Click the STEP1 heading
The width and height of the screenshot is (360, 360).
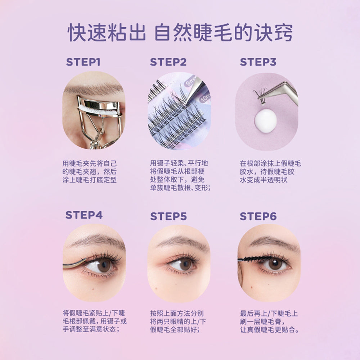(83, 62)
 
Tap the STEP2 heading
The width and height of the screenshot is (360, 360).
(168, 62)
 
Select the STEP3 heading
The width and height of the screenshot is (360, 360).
(258, 62)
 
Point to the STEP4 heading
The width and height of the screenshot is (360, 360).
(84, 215)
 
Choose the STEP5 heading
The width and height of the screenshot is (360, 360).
(168, 216)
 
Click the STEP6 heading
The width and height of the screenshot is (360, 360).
(258, 216)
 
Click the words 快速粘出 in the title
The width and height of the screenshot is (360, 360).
(107, 33)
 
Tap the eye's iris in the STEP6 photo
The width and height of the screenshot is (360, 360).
(275, 264)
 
